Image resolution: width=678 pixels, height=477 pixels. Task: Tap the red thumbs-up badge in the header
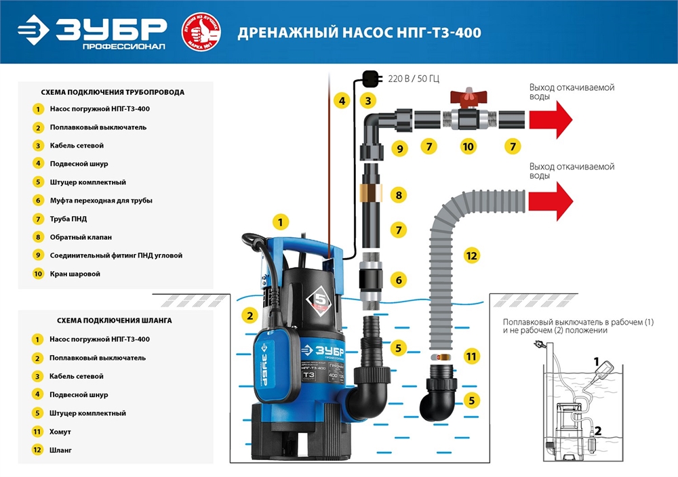point(201,32)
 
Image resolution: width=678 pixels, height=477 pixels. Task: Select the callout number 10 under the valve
point(467,146)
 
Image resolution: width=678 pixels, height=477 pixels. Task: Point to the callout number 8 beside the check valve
point(399,195)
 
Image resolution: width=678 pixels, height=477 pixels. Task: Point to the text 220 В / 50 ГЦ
point(414,79)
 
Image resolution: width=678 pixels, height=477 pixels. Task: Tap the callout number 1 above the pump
point(281,221)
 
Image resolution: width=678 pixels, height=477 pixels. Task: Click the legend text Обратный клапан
point(81,237)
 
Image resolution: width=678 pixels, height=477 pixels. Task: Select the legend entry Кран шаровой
point(75,274)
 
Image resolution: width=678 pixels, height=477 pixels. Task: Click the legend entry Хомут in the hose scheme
point(60,431)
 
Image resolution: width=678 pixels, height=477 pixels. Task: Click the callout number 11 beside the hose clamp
point(471,356)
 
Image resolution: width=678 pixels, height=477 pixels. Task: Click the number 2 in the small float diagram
point(598,429)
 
